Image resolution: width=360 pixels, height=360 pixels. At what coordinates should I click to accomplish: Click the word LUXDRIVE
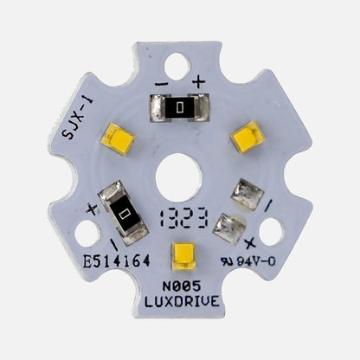(x=182, y=302)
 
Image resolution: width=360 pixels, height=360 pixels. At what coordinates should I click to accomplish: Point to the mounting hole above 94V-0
(x=270, y=231)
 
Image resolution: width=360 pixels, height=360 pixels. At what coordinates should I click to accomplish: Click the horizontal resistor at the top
(x=179, y=107)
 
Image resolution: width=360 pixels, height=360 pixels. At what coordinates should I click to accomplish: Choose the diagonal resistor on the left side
(x=125, y=211)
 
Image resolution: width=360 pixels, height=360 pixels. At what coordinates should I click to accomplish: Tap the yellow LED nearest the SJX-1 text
(x=118, y=138)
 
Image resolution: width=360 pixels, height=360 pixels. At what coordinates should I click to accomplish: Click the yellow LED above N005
(x=183, y=256)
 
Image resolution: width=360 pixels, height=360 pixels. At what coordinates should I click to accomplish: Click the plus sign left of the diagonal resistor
(x=92, y=208)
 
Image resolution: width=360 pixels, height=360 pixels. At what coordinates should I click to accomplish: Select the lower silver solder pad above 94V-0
(x=228, y=228)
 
